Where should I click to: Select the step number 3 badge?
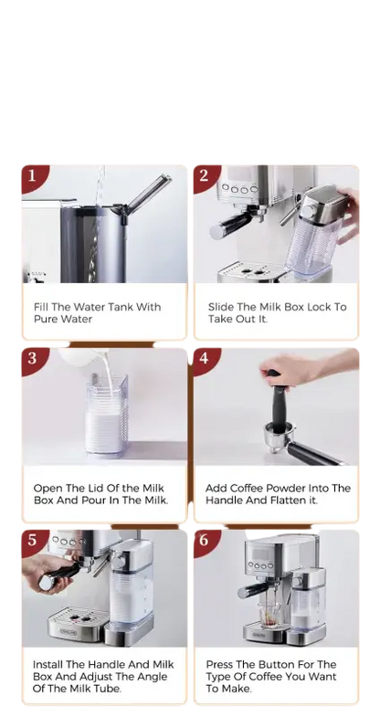click(x=32, y=358)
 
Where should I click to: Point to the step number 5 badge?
click(x=32, y=540)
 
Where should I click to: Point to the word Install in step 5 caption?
click(x=52, y=664)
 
